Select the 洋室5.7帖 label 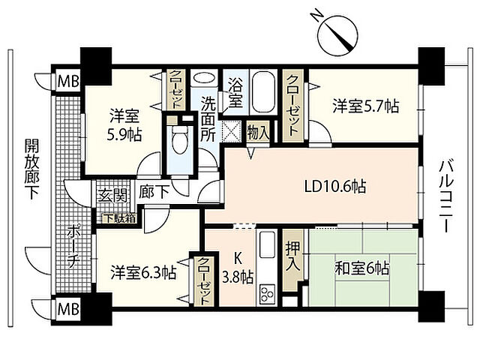[365, 107]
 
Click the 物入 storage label [257, 132]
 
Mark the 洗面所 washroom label [208, 120]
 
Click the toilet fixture [178, 139]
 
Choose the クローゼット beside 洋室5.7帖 [292, 105]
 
